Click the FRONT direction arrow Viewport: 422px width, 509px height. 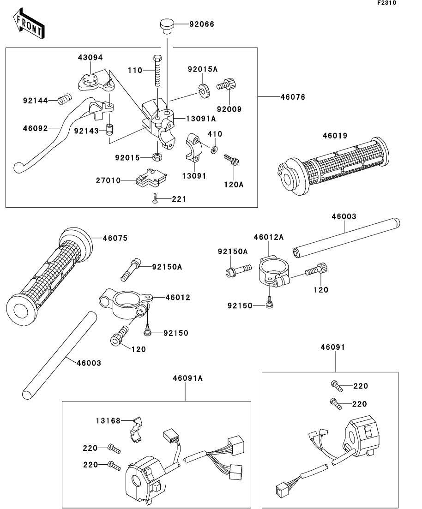coord(29,23)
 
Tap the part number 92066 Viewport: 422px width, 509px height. coord(202,24)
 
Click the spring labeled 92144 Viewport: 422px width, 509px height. coord(65,99)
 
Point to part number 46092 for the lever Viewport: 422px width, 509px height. coord(35,128)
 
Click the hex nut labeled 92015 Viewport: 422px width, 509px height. coord(157,157)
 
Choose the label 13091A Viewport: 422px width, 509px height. coord(201,119)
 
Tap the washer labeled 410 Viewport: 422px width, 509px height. coord(214,150)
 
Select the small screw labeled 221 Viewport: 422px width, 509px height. coord(155,198)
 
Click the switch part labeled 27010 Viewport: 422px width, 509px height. coord(151,178)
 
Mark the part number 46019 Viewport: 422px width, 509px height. coord(335,136)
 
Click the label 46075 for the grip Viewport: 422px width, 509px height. coord(115,238)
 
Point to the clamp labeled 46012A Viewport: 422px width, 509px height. coord(273,270)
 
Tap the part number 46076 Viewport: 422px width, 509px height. coord(293,97)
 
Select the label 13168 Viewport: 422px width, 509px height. coord(108,421)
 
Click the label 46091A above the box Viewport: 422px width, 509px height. coord(187,378)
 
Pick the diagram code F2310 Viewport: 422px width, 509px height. coord(386,3)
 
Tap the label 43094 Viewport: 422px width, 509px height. coord(90,58)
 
